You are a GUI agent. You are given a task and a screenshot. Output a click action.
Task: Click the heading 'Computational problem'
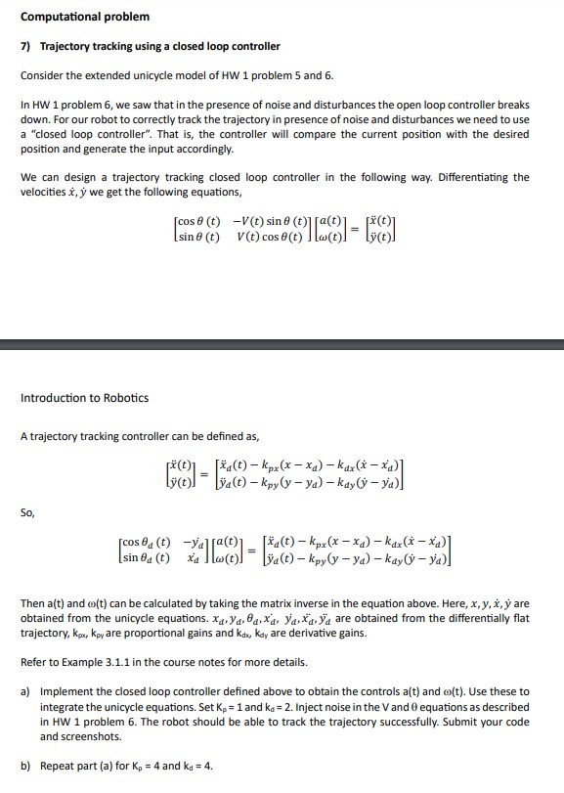pyautogui.click(x=85, y=17)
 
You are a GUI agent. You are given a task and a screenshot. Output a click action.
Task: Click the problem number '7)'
pyautogui.click(x=27, y=46)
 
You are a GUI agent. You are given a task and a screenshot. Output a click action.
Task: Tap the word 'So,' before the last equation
pyautogui.click(x=29, y=509)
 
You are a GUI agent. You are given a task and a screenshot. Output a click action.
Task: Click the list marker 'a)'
pyautogui.click(x=27, y=691)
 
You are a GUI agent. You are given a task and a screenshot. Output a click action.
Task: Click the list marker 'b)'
pyautogui.click(x=27, y=766)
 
